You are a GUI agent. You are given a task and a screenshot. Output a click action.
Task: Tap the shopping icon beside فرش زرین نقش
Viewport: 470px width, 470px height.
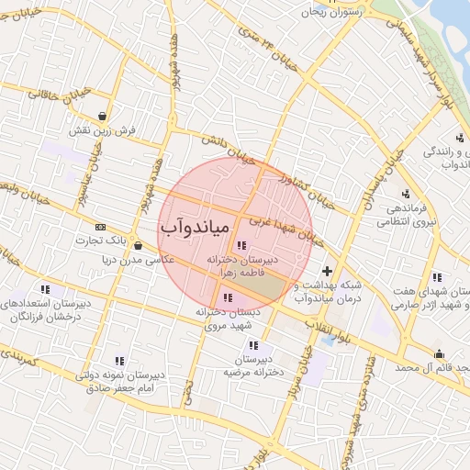tap(101, 117)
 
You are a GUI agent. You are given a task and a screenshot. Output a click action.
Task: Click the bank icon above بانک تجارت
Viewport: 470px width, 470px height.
tap(100, 227)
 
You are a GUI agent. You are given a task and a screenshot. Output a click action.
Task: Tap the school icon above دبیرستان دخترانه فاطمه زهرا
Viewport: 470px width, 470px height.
tap(241, 245)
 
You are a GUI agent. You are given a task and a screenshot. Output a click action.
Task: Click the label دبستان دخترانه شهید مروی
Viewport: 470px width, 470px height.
tap(228, 319)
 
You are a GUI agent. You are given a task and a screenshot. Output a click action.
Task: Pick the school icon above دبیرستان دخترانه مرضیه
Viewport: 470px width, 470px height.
tap(253, 345)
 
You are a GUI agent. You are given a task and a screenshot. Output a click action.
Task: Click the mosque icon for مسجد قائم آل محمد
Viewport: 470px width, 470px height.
tap(439, 354)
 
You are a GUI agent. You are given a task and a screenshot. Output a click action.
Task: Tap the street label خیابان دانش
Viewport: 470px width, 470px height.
tap(226, 151)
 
